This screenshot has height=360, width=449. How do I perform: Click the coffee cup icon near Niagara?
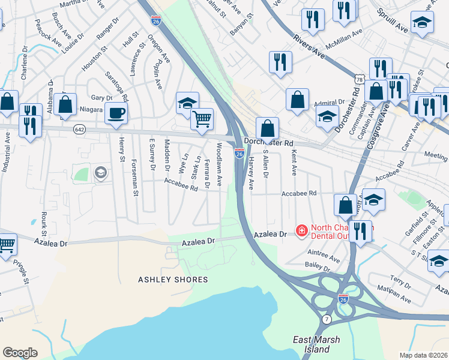[x=116, y=112]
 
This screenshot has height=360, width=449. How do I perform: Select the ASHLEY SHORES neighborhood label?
[x=173, y=280]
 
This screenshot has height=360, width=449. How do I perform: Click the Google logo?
[x=20, y=352]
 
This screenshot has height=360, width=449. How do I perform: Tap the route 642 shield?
[x=80, y=129]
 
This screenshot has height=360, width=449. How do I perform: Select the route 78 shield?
[x=358, y=79]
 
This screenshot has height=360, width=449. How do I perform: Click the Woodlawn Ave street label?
[x=220, y=163]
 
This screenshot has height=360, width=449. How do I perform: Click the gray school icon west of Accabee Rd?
[x=100, y=173]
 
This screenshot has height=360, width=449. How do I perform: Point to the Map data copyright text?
[x=424, y=355]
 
